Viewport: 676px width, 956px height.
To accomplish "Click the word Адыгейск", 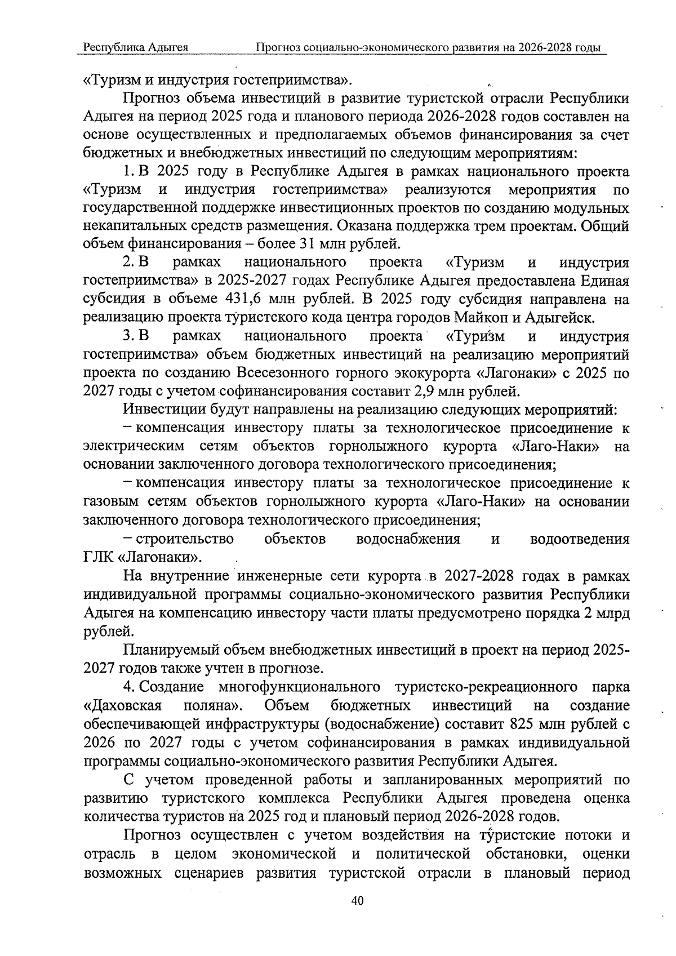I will (559, 317).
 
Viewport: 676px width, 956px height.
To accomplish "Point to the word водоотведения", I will (580, 539).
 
